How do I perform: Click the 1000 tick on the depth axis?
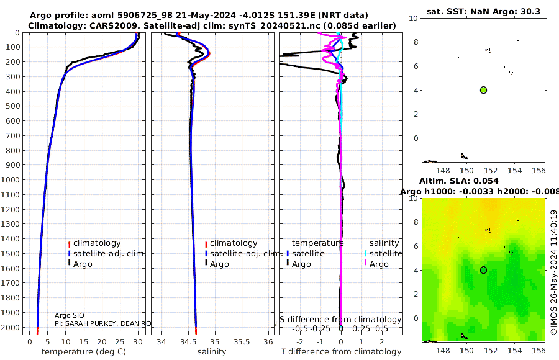(13, 180)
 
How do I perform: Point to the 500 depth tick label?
(13, 106)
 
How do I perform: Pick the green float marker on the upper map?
(483, 90)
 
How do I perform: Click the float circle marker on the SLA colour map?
(483, 270)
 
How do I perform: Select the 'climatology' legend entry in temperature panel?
(97, 243)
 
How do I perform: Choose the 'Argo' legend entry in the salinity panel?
(219, 264)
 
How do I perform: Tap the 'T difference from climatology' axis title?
(340, 352)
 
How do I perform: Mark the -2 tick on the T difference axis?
(301, 341)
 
